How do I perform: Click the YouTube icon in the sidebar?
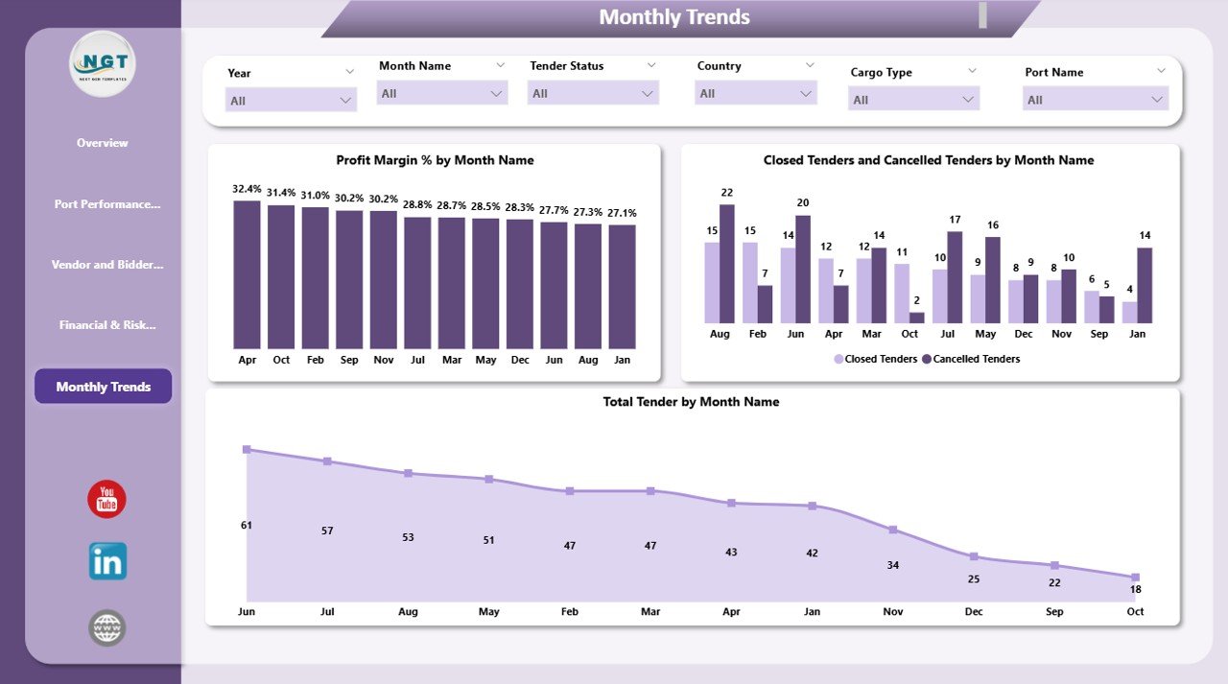106,500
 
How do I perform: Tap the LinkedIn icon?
107,562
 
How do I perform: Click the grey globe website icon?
107,628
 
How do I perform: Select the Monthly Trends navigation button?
104,387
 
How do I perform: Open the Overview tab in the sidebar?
103,143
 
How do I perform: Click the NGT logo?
103,63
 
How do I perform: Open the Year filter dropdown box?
291,100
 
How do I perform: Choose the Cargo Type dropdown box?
913,100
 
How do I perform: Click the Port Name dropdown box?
1095,100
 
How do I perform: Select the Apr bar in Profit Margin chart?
247,274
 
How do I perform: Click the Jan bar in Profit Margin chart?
622,286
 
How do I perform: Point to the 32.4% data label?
247,189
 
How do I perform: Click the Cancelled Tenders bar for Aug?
727,264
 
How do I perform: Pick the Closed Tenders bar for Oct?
902,293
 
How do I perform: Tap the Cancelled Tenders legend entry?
971,359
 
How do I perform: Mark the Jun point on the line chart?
247,449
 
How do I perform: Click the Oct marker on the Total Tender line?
1135,577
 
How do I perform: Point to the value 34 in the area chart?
893,565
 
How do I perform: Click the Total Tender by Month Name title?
691,402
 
